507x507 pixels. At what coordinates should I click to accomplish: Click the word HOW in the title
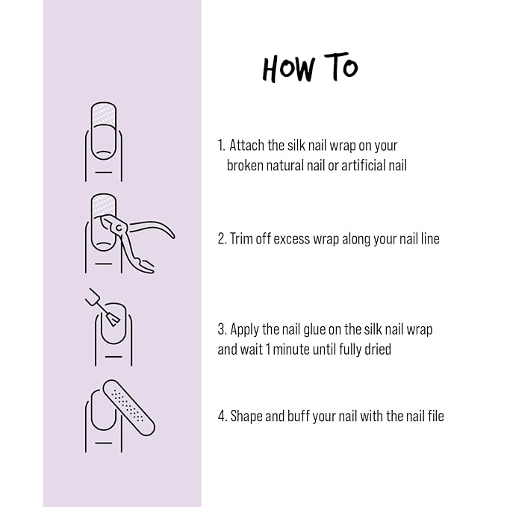click(x=290, y=68)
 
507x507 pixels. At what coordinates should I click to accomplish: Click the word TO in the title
click(x=340, y=68)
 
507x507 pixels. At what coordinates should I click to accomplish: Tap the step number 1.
click(x=220, y=145)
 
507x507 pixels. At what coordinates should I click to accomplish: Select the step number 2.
click(x=222, y=239)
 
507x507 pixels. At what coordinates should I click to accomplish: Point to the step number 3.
click(x=222, y=329)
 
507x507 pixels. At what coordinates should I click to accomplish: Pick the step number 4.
click(x=222, y=416)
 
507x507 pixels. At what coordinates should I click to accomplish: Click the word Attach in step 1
click(x=246, y=145)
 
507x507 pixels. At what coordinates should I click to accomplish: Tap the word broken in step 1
click(x=246, y=166)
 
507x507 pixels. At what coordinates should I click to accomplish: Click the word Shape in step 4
click(x=247, y=416)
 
